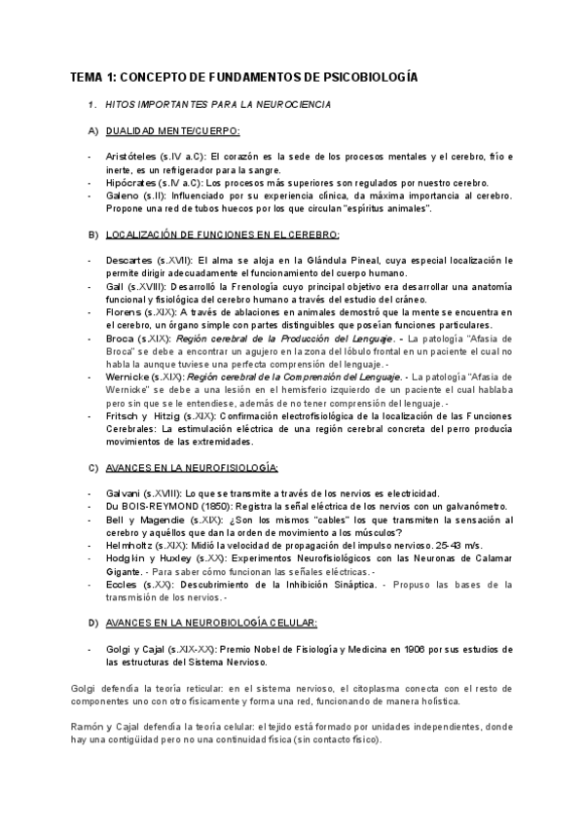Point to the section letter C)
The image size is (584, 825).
click(93, 467)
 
